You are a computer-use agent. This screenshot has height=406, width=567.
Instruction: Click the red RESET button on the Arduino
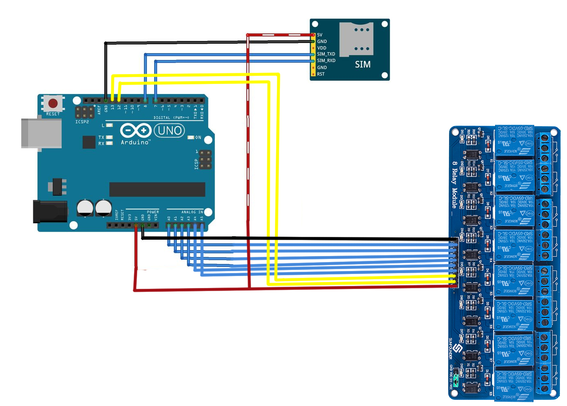(x=53, y=103)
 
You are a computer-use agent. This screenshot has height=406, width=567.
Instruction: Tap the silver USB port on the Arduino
(x=41, y=133)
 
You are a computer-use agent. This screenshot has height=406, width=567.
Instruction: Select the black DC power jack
(x=49, y=212)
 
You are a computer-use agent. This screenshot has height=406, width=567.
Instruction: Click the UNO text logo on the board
(x=170, y=130)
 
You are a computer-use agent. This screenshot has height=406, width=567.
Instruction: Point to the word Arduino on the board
(x=135, y=142)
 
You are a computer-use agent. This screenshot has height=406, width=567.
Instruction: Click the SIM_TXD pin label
(x=326, y=54)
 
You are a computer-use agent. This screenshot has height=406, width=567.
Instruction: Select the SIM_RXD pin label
(x=326, y=60)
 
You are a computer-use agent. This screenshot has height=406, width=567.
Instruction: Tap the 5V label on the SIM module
(x=320, y=35)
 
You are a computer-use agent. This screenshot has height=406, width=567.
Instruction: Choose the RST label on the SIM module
(x=321, y=74)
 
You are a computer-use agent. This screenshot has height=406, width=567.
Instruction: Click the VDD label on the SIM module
(x=322, y=48)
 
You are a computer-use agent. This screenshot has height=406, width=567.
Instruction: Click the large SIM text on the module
(x=363, y=64)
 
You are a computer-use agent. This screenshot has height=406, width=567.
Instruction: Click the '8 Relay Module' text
(x=455, y=185)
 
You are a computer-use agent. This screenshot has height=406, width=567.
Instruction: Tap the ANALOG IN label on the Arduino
(x=192, y=212)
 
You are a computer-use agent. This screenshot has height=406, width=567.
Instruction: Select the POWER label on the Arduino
(x=153, y=212)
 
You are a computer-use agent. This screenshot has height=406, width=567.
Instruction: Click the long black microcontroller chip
(x=157, y=189)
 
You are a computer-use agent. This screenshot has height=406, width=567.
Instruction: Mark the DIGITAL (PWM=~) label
(x=171, y=118)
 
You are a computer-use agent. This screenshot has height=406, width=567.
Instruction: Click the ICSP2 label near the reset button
(x=82, y=122)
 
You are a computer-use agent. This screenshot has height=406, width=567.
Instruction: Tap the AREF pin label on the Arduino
(x=99, y=109)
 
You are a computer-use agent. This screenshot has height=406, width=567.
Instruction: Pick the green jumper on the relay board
(x=456, y=380)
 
